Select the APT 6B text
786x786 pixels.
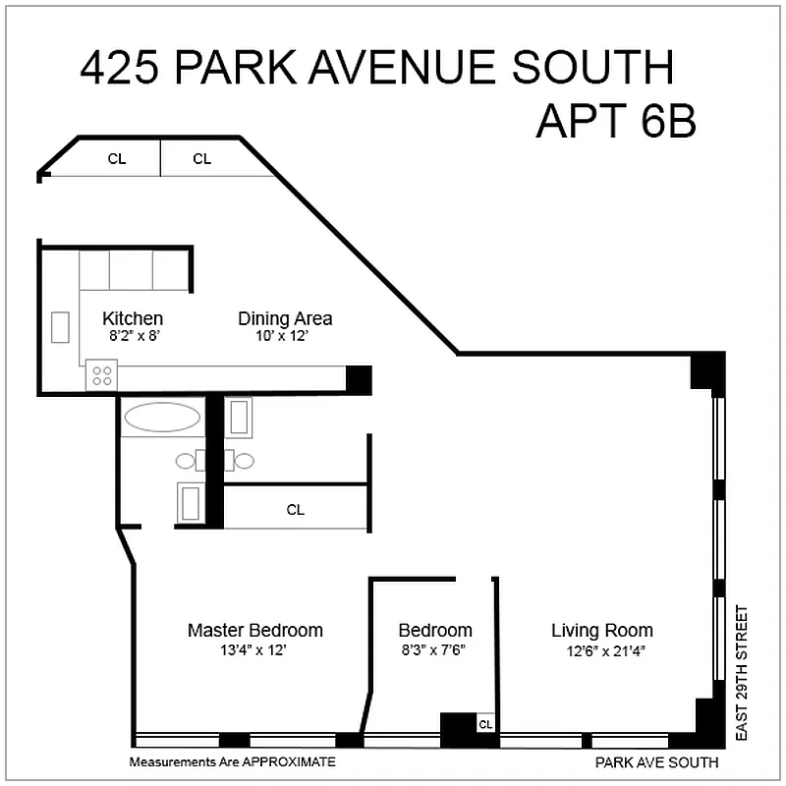[616, 122]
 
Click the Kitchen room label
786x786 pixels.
[133, 318]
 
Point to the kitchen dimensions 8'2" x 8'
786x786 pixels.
[133, 335]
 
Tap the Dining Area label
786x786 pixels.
[285, 318]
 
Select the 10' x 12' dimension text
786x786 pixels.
[285, 335]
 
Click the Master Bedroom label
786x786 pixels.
[254, 630]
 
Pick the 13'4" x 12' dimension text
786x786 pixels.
[254, 649]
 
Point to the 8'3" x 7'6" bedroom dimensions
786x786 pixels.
[434, 649]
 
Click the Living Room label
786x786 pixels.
[601, 630]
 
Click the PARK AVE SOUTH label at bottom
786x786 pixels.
[656, 762]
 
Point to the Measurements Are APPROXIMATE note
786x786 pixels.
[233, 761]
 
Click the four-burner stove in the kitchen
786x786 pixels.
[101, 373]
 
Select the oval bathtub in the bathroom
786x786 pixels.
[162, 417]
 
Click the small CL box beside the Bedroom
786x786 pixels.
[484, 724]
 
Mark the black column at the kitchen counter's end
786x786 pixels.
[359, 379]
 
